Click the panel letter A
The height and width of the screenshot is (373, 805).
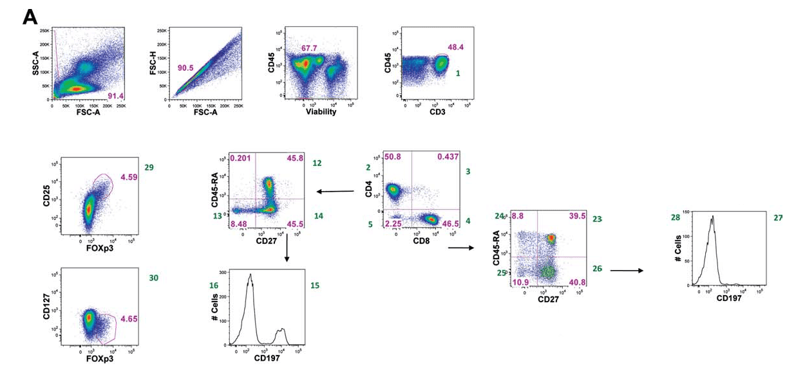30,17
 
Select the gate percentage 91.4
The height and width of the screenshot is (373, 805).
117,96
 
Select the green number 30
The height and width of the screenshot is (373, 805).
153,278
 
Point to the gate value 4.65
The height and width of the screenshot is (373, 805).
129,318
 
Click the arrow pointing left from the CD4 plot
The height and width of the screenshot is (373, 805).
334,191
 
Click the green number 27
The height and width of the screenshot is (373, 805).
779,217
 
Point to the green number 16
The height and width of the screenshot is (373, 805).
214,285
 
